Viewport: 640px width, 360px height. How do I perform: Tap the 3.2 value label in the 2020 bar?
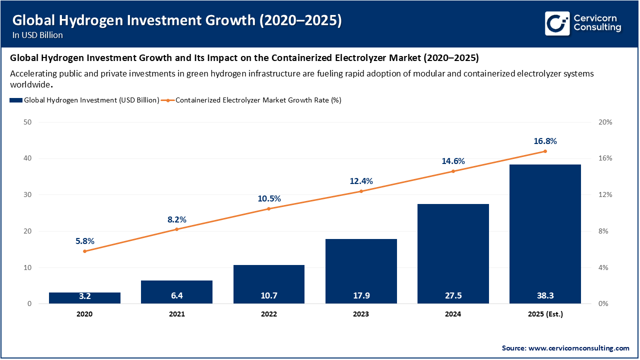(x=84, y=295)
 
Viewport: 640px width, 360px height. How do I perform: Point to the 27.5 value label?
(x=453, y=295)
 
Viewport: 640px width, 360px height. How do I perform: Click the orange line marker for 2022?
(x=268, y=208)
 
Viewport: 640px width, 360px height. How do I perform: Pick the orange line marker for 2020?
(x=84, y=251)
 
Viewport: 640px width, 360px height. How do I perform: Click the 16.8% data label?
(x=545, y=141)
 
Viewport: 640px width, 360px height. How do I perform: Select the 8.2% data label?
(x=176, y=219)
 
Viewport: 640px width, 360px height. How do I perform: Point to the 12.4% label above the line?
(x=361, y=181)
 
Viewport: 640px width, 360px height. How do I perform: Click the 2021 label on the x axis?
(x=176, y=314)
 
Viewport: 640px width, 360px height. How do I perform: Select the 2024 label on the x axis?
(x=453, y=314)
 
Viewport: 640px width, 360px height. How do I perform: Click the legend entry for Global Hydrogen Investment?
(x=84, y=100)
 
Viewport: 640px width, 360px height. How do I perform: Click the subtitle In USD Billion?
(x=37, y=35)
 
